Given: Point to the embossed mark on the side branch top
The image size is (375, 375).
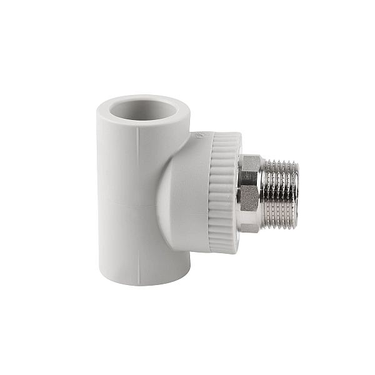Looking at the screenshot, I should tap(201, 135).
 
